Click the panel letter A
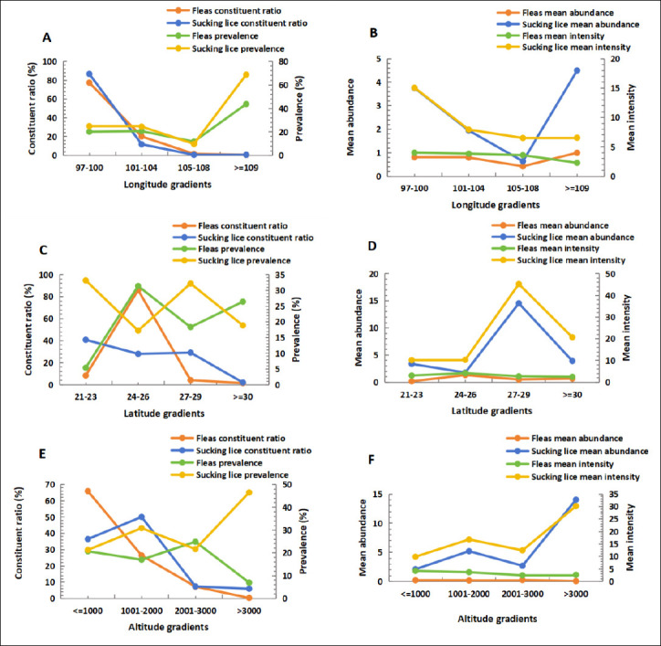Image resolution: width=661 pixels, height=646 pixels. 47,38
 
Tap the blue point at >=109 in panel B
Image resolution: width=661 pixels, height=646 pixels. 577,70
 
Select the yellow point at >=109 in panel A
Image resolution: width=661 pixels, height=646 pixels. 247,75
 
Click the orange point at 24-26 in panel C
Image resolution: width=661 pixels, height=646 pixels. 138,290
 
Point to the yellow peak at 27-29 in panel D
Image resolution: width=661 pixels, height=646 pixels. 519,284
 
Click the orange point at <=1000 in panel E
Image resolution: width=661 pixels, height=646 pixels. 88,491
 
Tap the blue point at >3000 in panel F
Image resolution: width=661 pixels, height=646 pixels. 576,500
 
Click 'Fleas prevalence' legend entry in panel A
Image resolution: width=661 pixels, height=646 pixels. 225,37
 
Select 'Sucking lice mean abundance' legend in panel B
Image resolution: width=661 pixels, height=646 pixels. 581,25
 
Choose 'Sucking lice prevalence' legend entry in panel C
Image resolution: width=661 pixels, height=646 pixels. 244,260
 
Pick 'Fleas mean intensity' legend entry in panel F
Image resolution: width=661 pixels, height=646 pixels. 572,464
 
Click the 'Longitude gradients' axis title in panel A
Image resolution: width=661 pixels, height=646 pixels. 167,185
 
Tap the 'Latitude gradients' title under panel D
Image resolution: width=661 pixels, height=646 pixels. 491,410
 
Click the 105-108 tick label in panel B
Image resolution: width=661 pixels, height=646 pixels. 523,188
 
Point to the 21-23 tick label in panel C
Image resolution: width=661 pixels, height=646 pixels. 86,397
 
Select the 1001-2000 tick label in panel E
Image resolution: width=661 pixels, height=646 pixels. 142,611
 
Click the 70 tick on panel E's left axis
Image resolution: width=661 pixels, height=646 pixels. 50,484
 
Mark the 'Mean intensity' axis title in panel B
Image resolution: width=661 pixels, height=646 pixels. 631,117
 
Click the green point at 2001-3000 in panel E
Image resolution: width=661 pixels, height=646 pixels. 195,542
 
